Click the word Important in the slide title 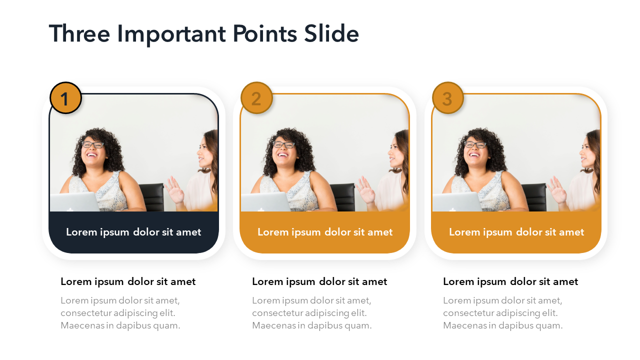[x=171, y=35]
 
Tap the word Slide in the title [x=331, y=33]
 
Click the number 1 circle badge [x=65, y=98]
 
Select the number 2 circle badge [x=256, y=98]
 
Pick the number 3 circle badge [x=447, y=98]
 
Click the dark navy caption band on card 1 [x=133, y=232]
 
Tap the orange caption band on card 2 [x=325, y=232]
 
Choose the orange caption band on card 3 [x=516, y=232]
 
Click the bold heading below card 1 [x=128, y=282]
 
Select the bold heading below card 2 [x=319, y=282]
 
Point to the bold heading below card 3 [x=510, y=282]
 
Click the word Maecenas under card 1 [x=82, y=325]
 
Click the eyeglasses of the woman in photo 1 [x=92, y=144]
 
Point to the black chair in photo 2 [x=343, y=197]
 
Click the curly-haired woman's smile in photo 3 [x=474, y=155]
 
